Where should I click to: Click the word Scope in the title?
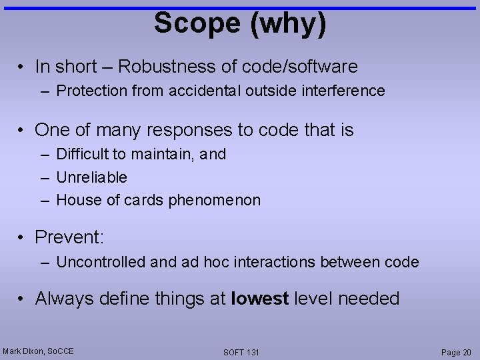point(189,23)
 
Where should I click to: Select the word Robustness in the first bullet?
point(161,67)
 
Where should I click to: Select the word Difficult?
point(83,154)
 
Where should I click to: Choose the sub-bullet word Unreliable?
point(91,177)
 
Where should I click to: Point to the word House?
point(75,200)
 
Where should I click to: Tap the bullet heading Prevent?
point(69,237)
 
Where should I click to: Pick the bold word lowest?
point(259,299)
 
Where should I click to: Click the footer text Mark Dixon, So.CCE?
point(38,351)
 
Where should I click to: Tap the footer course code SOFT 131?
point(241,352)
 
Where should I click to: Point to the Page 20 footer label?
point(455,352)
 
